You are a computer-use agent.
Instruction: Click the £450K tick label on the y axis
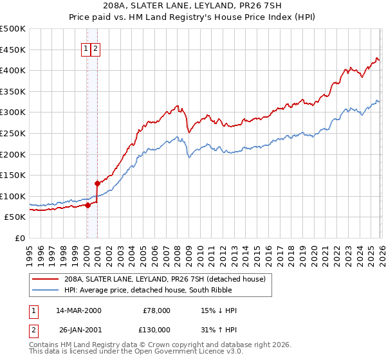point(13,50)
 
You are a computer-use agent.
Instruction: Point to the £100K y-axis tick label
point(13,196)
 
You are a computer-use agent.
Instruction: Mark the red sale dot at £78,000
point(87,206)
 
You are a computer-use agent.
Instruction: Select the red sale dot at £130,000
point(97,183)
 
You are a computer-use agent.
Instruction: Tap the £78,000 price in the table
point(156,310)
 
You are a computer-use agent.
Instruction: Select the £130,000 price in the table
point(154,329)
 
